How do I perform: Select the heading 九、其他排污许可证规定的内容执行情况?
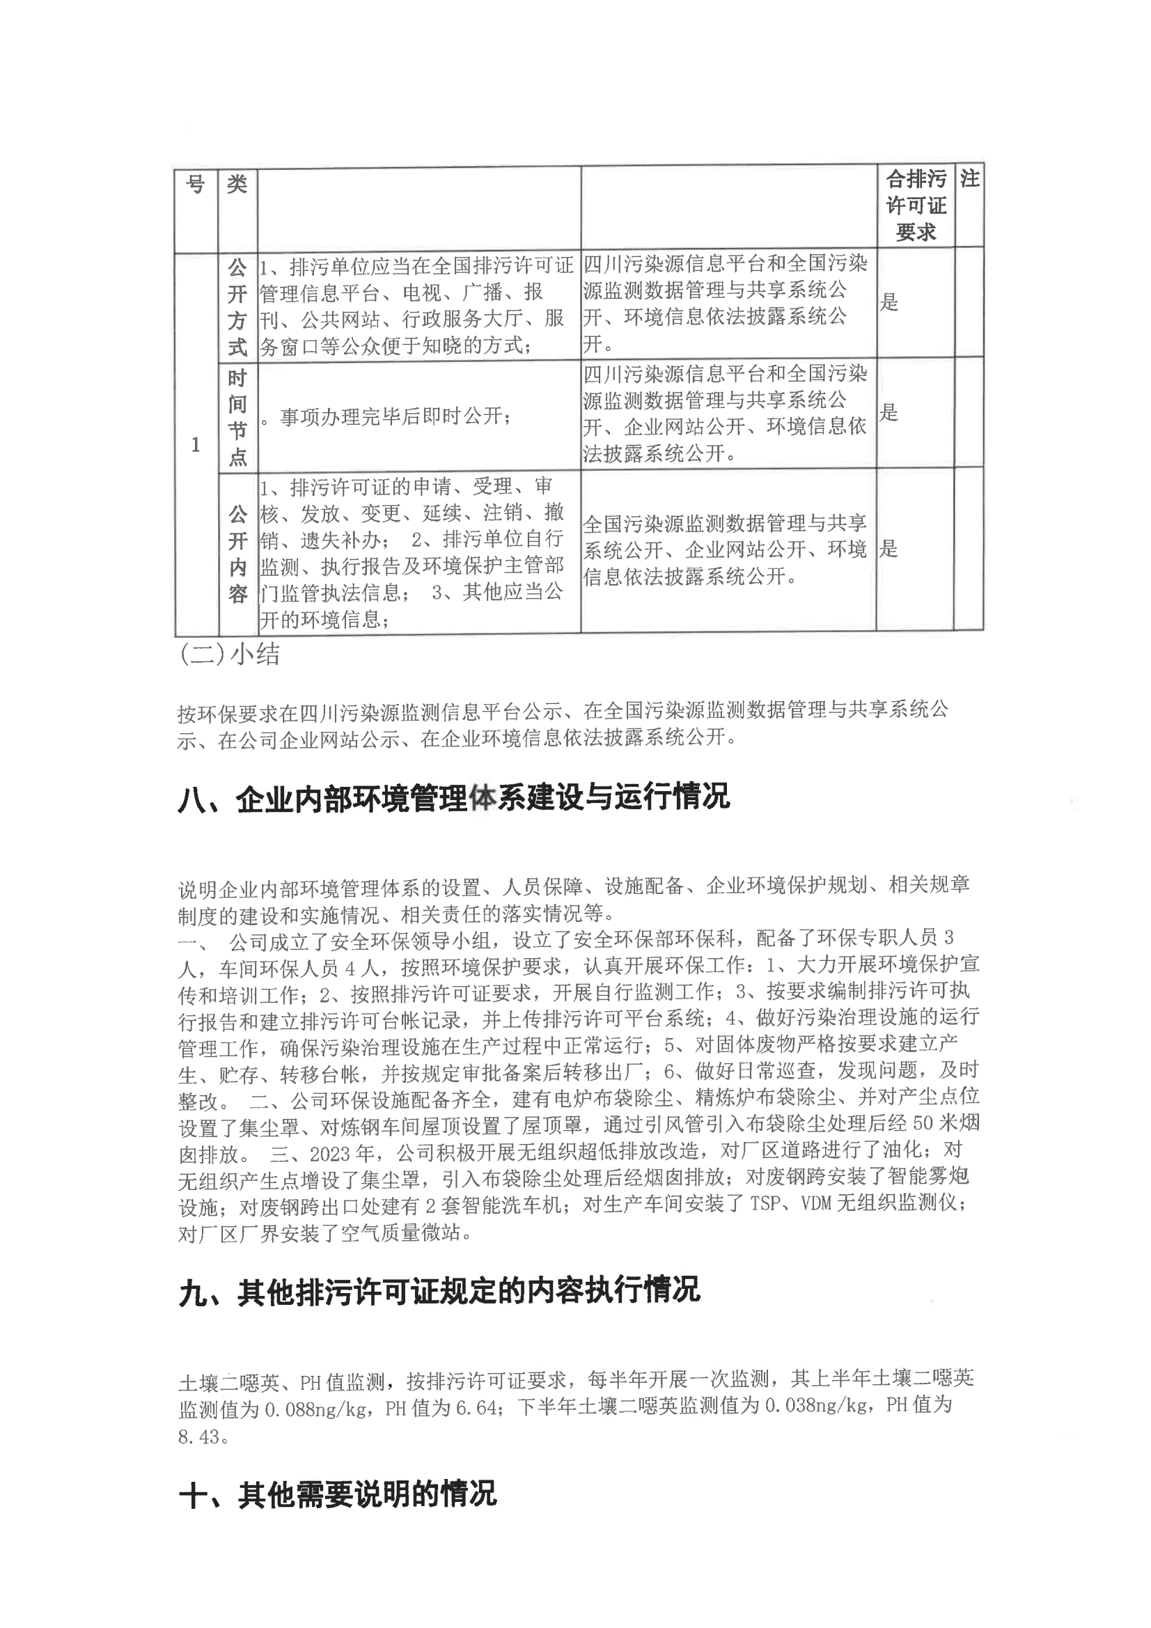[x=439, y=1290]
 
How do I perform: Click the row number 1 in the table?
[x=196, y=444]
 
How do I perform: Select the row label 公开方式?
[x=237, y=307]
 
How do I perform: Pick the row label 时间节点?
[x=237, y=417]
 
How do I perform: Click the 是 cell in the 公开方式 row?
[x=889, y=303]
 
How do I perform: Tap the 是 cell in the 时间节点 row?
[x=889, y=413]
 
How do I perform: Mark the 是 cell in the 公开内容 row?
[x=889, y=549]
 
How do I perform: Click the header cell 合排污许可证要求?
[x=916, y=205]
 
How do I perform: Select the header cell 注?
[x=969, y=179]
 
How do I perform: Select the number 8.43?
[x=199, y=1438]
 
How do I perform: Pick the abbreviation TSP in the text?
[x=767, y=1204]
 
